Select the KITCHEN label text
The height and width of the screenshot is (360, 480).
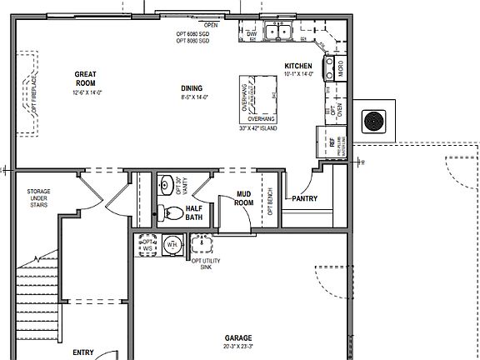click(298, 66)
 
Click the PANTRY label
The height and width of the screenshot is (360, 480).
click(302, 198)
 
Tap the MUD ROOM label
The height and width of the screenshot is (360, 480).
click(243, 198)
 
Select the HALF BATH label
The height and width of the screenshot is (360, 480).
click(194, 212)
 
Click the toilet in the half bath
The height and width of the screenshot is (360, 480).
click(172, 212)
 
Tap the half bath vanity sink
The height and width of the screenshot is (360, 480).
click(165, 184)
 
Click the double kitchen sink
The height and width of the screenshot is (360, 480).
click(277, 33)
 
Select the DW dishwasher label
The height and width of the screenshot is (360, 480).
click(252, 34)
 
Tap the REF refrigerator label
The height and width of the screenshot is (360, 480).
click(332, 142)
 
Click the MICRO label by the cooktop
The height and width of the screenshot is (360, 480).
click(340, 67)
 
